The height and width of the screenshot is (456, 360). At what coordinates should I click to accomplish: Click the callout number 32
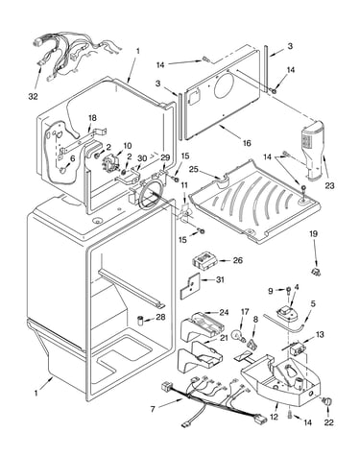coord(33,96)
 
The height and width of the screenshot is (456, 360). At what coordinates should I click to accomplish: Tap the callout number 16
coord(247,143)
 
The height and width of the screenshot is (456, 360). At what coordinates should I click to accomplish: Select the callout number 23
coord(329,185)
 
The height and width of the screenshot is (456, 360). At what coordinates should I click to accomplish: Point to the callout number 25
coord(193,169)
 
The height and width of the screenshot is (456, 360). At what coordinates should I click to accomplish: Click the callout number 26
coord(238,260)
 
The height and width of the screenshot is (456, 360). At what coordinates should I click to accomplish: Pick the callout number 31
coord(220,279)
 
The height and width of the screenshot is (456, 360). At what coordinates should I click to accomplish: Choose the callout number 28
coord(160,317)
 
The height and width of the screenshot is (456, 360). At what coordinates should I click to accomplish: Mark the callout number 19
coord(313,234)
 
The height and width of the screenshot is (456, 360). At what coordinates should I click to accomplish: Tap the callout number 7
coord(153,409)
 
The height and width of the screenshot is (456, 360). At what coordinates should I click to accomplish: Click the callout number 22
coord(329,422)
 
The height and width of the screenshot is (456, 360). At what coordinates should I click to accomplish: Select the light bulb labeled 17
coord(238,336)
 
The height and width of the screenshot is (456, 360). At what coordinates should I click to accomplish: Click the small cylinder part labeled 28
coord(141,321)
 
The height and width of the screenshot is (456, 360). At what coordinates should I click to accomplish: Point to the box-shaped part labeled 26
coord(204,260)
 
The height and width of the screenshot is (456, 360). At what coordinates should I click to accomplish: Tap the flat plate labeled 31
coord(189,286)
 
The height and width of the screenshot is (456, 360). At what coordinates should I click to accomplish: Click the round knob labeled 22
coord(327,401)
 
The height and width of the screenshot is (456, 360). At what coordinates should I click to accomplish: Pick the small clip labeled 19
coord(317,272)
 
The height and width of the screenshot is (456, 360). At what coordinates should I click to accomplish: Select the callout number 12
coord(274,417)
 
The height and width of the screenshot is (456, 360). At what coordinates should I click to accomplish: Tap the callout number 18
coord(92,118)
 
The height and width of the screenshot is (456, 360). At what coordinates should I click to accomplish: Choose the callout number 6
coord(72,157)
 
